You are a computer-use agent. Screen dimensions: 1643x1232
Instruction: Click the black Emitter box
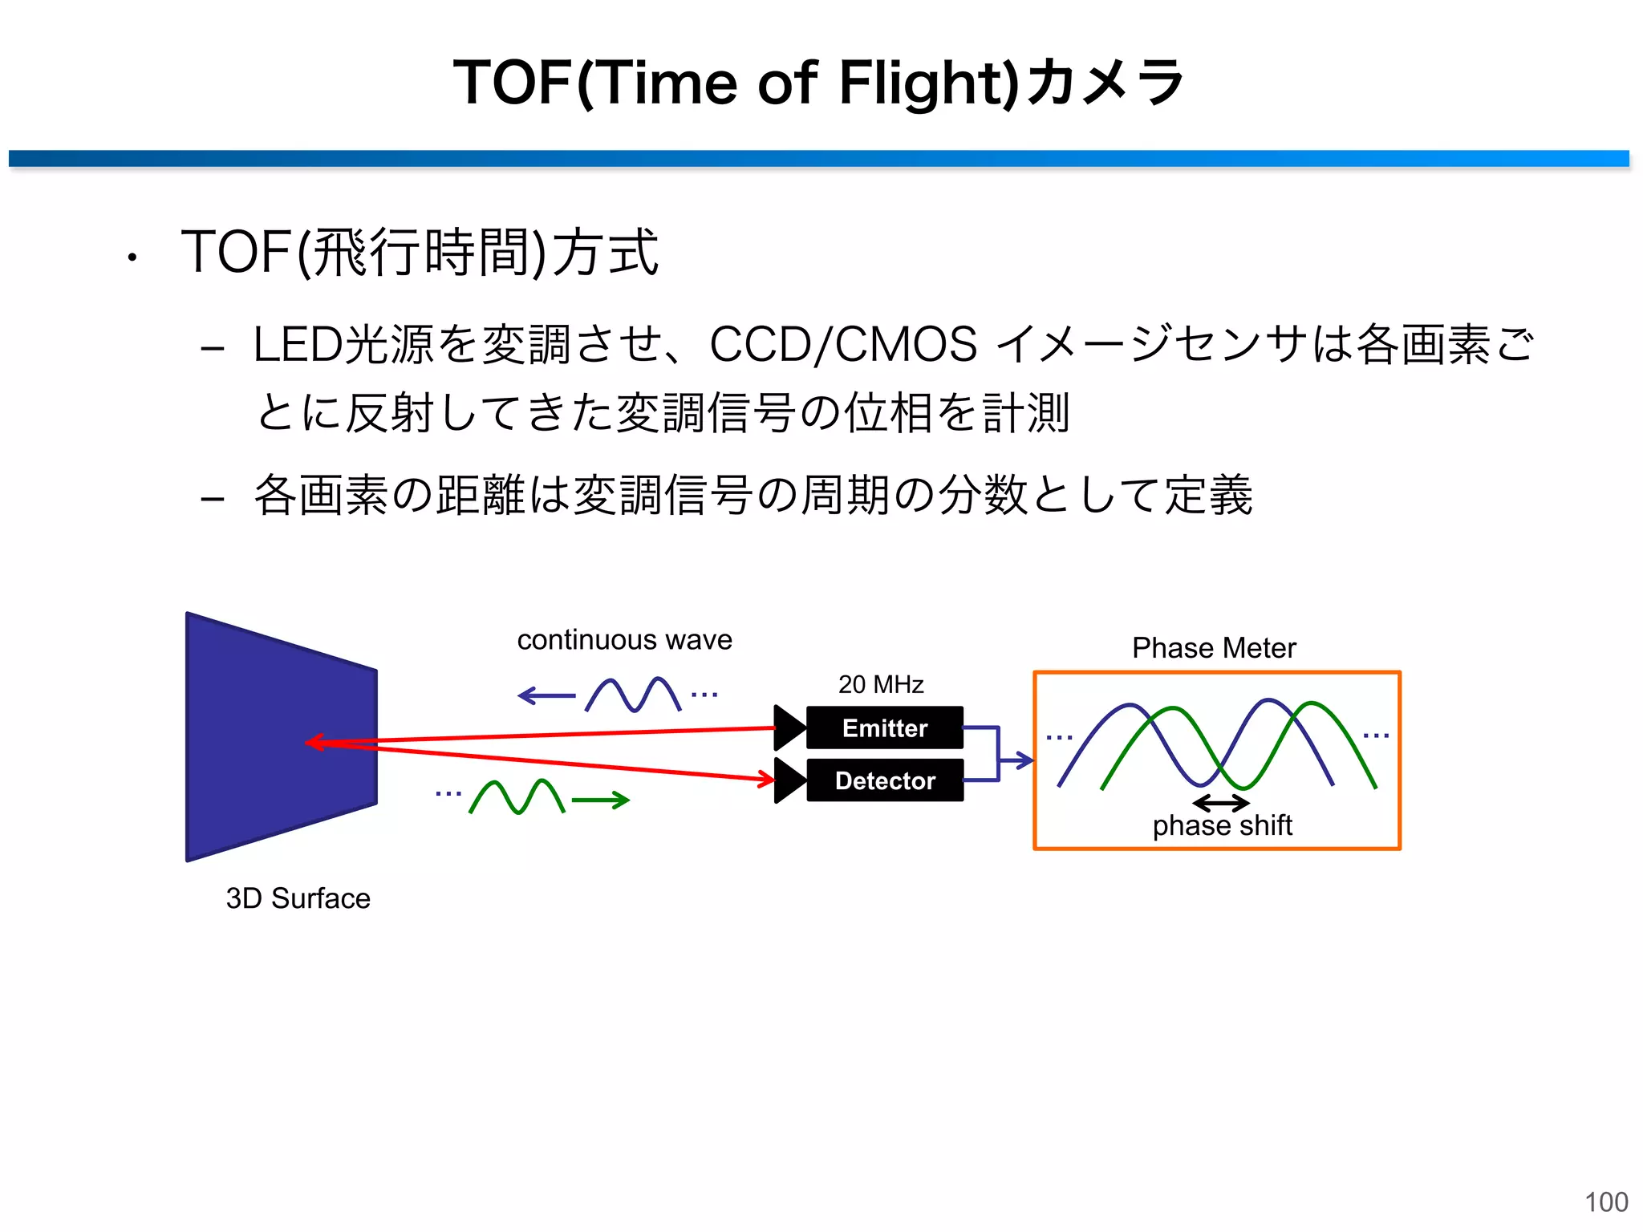click(x=884, y=727)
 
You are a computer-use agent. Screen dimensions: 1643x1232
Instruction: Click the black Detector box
click(x=884, y=780)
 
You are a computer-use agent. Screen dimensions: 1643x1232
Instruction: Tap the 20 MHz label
click(x=881, y=684)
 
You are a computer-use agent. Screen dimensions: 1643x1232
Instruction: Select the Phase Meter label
click(x=1213, y=648)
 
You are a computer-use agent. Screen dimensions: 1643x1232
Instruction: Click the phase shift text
click(x=1222, y=825)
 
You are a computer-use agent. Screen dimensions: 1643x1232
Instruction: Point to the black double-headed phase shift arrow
click(x=1220, y=802)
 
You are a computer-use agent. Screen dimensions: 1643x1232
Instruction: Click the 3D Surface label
click(x=298, y=898)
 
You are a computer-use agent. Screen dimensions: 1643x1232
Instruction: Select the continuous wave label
click(x=624, y=640)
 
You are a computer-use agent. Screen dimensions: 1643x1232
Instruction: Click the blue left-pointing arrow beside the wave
click(x=546, y=695)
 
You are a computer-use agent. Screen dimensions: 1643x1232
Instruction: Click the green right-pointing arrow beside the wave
click(x=601, y=800)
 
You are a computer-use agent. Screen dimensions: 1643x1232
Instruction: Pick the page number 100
click(x=1606, y=1202)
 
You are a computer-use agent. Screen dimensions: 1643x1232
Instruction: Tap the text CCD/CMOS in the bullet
click(x=843, y=345)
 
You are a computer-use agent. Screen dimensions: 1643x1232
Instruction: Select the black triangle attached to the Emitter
click(x=788, y=727)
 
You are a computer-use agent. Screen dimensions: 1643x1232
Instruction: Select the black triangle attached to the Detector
click(x=788, y=780)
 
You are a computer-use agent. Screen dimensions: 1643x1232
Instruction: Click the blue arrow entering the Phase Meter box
click(x=1016, y=760)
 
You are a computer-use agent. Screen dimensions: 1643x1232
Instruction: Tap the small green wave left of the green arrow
click(x=517, y=797)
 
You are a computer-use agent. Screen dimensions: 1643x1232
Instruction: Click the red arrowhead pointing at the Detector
click(x=766, y=778)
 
